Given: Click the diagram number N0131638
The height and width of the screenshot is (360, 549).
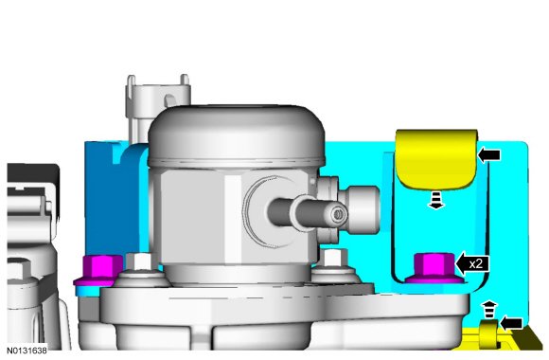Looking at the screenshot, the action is click(x=27, y=351).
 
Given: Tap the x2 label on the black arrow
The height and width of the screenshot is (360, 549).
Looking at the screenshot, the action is click(x=475, y=263).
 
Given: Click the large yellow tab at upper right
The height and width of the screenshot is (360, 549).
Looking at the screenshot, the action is click(x=436, y=159).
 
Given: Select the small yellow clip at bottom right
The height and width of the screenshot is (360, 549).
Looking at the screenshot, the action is click(x=488, y=334).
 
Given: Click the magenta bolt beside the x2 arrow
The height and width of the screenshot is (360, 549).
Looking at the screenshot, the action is click(x=434, y=268).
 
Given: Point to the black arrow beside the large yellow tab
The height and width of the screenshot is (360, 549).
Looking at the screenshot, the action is click(x=489, y=154).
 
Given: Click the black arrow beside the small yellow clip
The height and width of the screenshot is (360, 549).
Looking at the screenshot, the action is click(x=511, y=323).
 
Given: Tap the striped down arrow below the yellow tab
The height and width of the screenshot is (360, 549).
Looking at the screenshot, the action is click(x=436, y=200).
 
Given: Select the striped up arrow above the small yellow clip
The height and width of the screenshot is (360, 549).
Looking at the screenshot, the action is click(x=489, y=310).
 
